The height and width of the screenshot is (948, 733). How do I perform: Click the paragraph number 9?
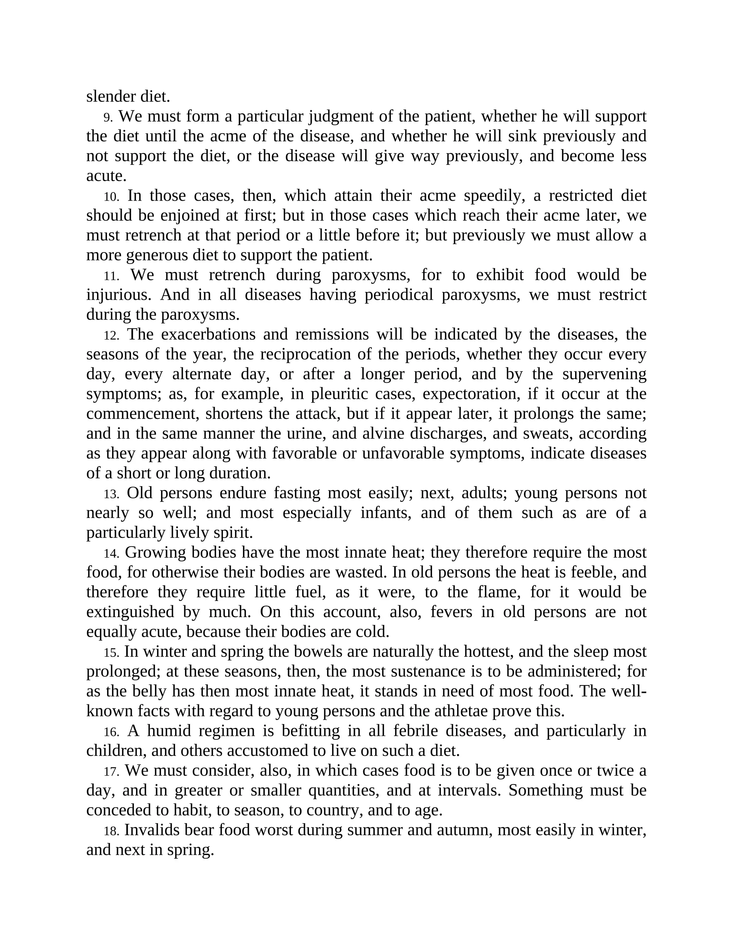point(108,118)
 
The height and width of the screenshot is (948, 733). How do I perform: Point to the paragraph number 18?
point(111,831)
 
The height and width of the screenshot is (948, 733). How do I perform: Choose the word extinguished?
point(130,612)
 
